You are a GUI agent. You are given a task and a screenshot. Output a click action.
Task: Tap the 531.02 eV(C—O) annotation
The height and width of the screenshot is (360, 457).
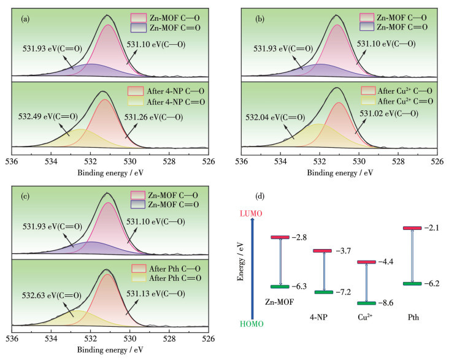(388, 113)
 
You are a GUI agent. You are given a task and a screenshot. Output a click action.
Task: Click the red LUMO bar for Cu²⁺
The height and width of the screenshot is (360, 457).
(367, 262)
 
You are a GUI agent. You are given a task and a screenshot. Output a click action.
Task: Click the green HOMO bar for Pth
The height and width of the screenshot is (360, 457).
(412, 283)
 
